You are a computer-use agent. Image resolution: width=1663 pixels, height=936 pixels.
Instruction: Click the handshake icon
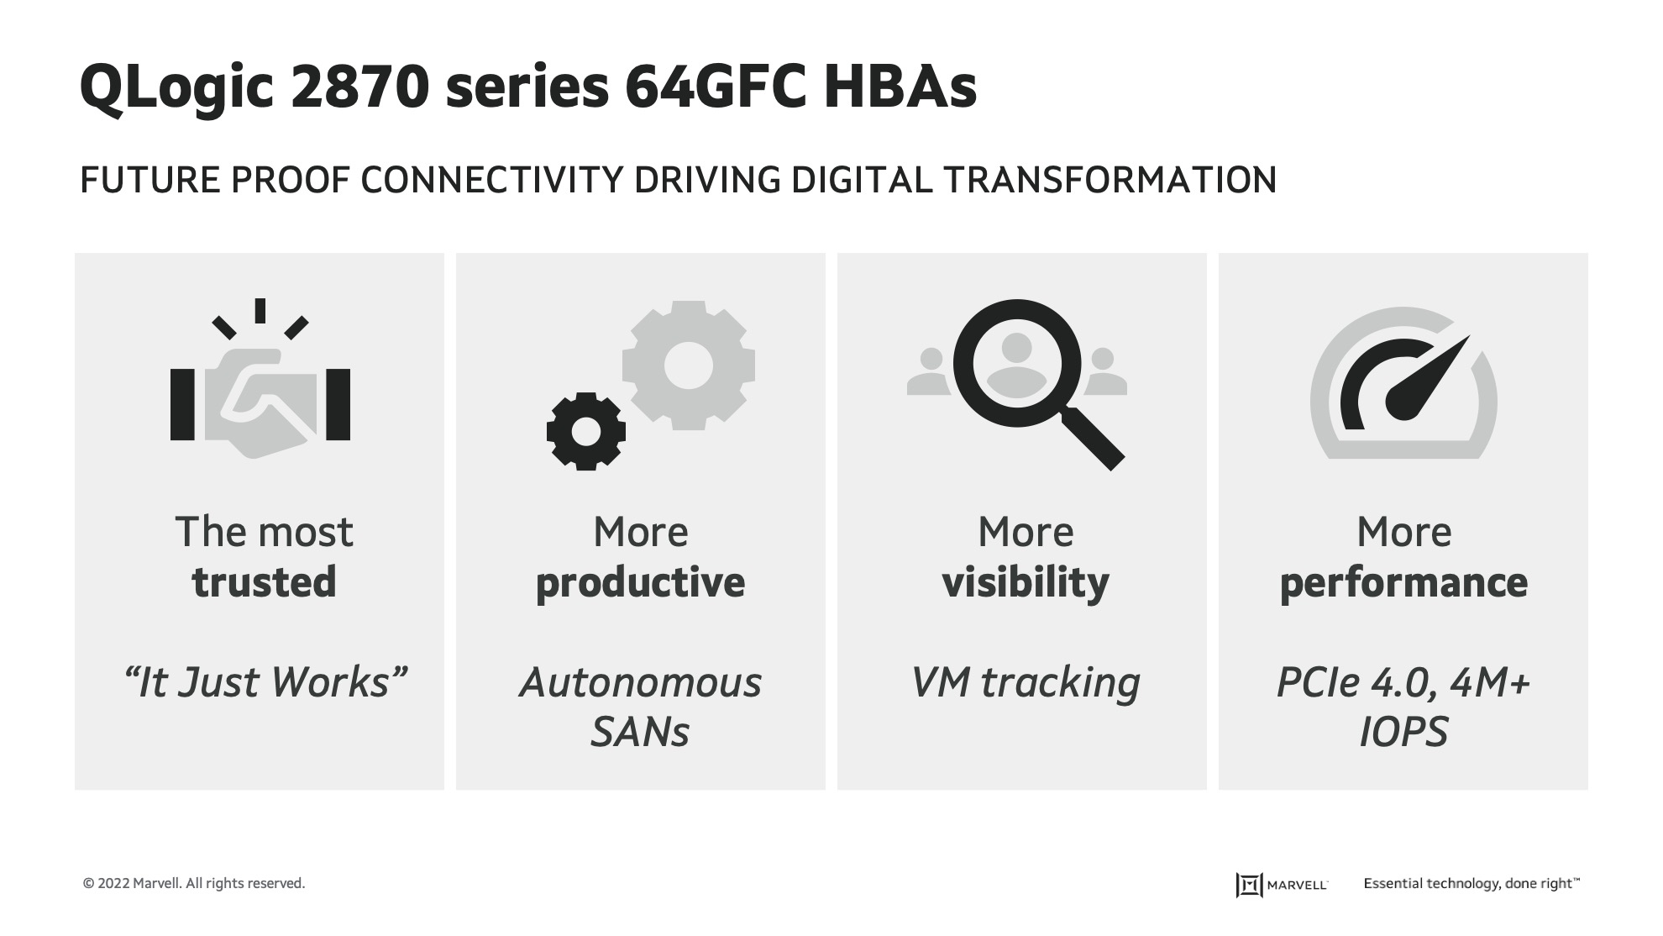[260, 395]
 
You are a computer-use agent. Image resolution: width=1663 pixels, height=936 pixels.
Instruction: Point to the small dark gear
[585, 431]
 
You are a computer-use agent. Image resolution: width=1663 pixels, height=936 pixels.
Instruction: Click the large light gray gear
[689, 365]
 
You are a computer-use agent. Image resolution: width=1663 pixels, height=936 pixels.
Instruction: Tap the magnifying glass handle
[1092, 438]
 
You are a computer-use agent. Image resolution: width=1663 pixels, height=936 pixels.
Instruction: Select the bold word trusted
[265, 582]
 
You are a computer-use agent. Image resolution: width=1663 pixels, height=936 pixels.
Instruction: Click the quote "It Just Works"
[265, 681]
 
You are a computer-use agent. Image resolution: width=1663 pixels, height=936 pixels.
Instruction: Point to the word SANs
[640, 732]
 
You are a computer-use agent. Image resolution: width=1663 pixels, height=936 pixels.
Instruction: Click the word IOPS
[1403, 732]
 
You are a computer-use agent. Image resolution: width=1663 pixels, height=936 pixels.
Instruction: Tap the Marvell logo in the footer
[1282, 885]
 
